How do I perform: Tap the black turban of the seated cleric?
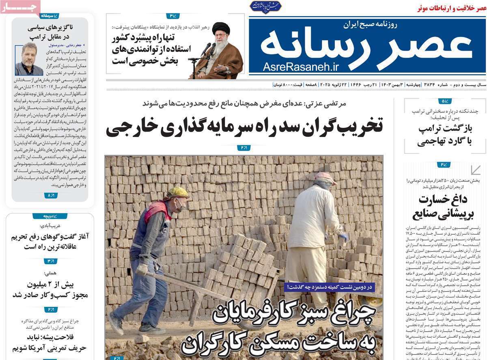pyautogui.click(x=221, y=28)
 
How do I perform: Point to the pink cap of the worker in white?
pyautogui.click(x=325, y=177)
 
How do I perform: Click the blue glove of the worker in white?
pyautogui.click(x=344, y=236)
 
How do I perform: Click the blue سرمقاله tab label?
pyautogui.click(x=50, y=16)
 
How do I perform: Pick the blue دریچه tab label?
pyautogui.click(x=50, y=216)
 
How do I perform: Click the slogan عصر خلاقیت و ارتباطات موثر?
pyautogui.click(x=450, y=8)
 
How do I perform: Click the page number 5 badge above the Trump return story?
pyautogui.click(x=444, y=101)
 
